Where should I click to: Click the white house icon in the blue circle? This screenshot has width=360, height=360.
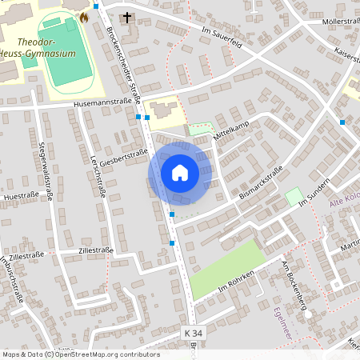(x=180, y=172)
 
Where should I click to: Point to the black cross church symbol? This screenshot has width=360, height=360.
(x=126, y=18)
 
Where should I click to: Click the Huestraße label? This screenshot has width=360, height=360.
(x=22, y=195)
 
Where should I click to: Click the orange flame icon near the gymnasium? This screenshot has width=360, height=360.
(x=84, y=16)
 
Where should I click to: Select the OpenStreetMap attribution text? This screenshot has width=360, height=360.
(x=80, y=354)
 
